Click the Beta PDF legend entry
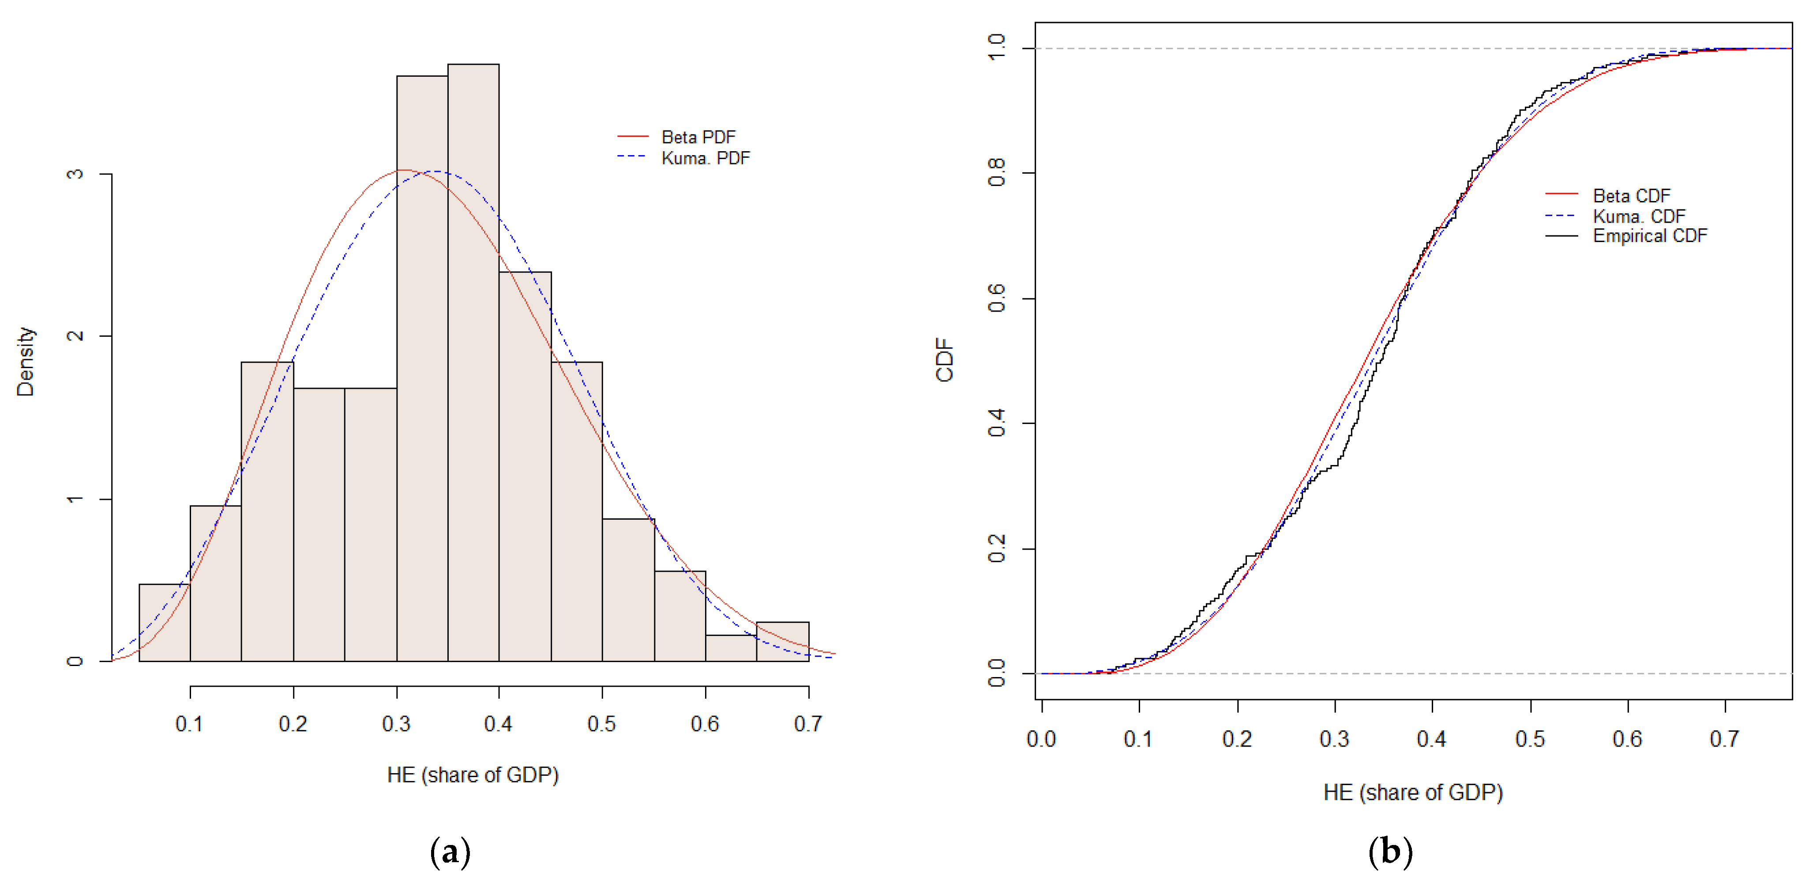point(697,137)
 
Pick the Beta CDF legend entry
point(1631,195)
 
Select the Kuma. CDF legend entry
point(1638,216)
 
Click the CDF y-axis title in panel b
point(945,360)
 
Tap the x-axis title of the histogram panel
point(473,774)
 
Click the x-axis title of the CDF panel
point(1413,792)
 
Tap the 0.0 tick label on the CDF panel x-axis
point(1041,739)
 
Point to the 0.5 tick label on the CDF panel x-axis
point(1530,739)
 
